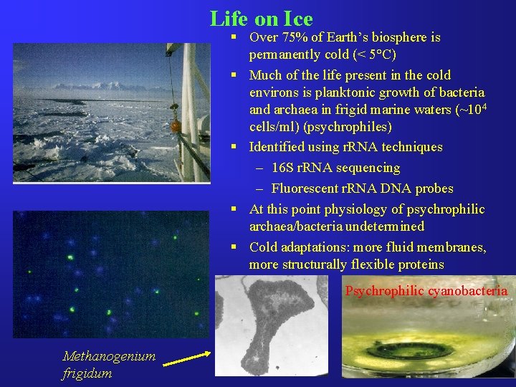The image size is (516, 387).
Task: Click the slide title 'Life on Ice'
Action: tap(261, 18)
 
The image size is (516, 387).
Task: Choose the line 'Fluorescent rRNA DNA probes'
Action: tap(362, 188)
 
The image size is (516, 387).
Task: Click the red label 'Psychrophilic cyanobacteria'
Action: tap(426, 291)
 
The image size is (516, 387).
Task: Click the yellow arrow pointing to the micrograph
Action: tap(188, 358)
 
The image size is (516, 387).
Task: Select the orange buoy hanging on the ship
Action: tap(174, 126)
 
